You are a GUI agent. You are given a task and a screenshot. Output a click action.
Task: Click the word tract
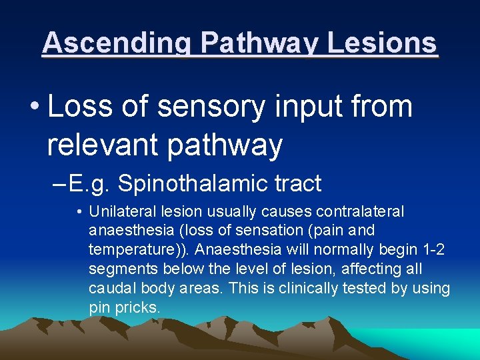(297, 183)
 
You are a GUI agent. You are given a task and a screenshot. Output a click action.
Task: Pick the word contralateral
(360, 211)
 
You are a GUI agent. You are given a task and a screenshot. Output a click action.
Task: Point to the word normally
(353, 249)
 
